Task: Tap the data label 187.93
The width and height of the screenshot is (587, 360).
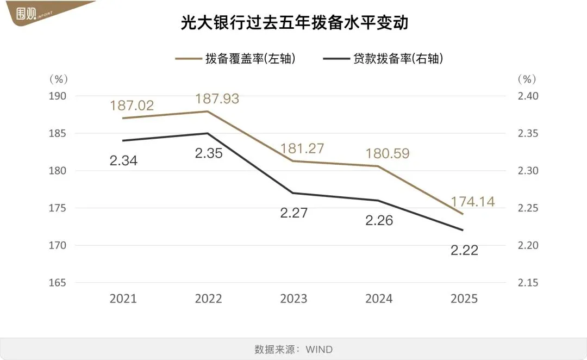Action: click(217, 99)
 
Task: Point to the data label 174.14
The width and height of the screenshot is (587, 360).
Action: click(473, 202)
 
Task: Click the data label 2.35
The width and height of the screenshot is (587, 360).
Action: click(208, 153)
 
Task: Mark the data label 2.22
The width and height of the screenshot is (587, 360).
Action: click(464, 251)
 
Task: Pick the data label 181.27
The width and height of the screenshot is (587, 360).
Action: click(302, 148)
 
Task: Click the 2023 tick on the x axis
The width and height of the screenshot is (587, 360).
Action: click(293, 299)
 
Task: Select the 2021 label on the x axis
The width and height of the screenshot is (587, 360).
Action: click(123, 299)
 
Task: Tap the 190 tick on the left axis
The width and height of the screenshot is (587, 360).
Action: click(57, 96)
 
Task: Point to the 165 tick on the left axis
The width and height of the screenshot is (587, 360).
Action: click(57, 283)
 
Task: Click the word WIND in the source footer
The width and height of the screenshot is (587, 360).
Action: click(319, 349)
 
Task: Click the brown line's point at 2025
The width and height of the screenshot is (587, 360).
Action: click(463, 214)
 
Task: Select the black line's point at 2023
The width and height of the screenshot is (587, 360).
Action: click(293, 193)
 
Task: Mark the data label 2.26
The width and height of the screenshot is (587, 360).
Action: click(379, 221)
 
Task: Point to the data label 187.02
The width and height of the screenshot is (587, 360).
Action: click(132, 105)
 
